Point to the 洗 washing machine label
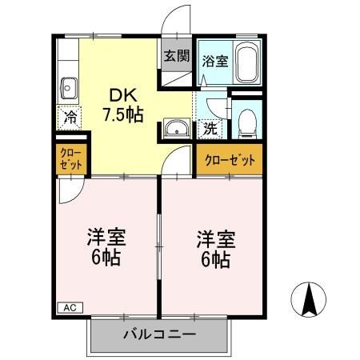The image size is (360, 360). pos(210,126)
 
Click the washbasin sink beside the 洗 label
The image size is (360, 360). pos(176,128)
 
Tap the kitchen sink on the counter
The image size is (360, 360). pos(67,86)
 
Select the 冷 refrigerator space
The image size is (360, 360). pos(68,118)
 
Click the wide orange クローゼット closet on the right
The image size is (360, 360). pos(230,160)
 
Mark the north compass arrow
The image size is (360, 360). pos(311,300)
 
